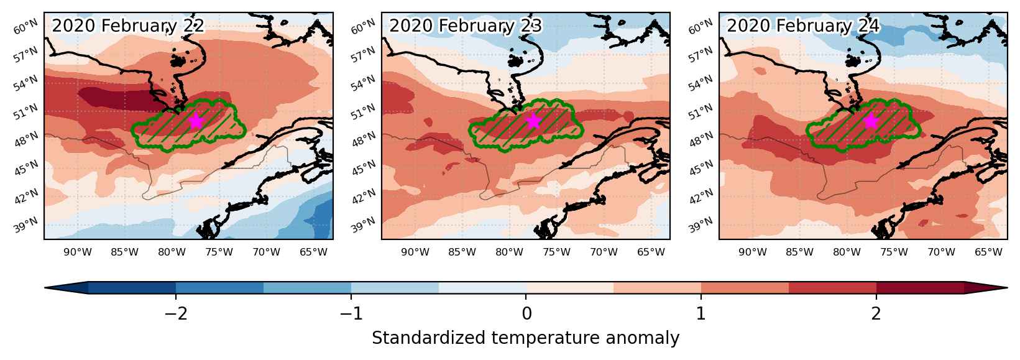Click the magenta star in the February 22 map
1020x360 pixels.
tap(196, 121)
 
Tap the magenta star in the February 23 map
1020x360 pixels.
tap(533, 121)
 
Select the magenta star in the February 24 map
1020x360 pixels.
tap(871, 121)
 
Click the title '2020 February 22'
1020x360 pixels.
tap(128, 25)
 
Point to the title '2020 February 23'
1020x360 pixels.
tap(466, 25)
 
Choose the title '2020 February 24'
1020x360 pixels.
tap(803, 25)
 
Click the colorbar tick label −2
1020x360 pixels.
tap(176, 313)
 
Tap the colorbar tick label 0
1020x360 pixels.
tap(526, 313)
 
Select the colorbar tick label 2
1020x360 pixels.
tap(876, 313)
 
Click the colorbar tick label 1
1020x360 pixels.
tap(701, 313)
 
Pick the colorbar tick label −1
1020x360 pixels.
tap(351, 313)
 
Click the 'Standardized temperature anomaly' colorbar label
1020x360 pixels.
tap(525, 338)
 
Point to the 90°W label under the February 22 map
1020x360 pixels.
tap(78, 252)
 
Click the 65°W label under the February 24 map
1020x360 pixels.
tap(988, 252)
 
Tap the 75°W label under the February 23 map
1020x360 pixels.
tap(556, 252)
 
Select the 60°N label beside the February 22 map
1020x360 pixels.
tap(25, 27)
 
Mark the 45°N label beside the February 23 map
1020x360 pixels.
tap(363, 168)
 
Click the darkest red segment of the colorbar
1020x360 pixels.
tap(920, 288)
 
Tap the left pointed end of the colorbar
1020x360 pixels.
tap(45, 288)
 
